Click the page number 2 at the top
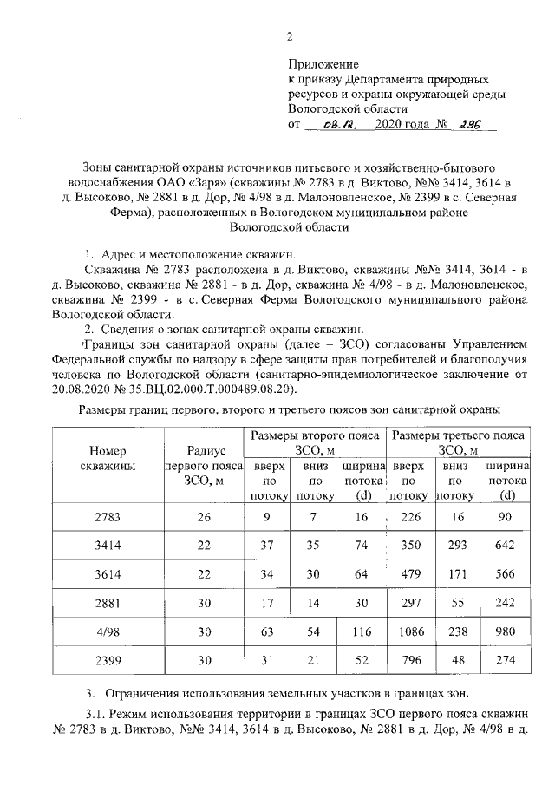(x=291, y=36)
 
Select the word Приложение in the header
(x=323, y=63)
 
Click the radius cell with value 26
(x=205, y=518)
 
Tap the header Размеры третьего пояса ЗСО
(x=460, y=442)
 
